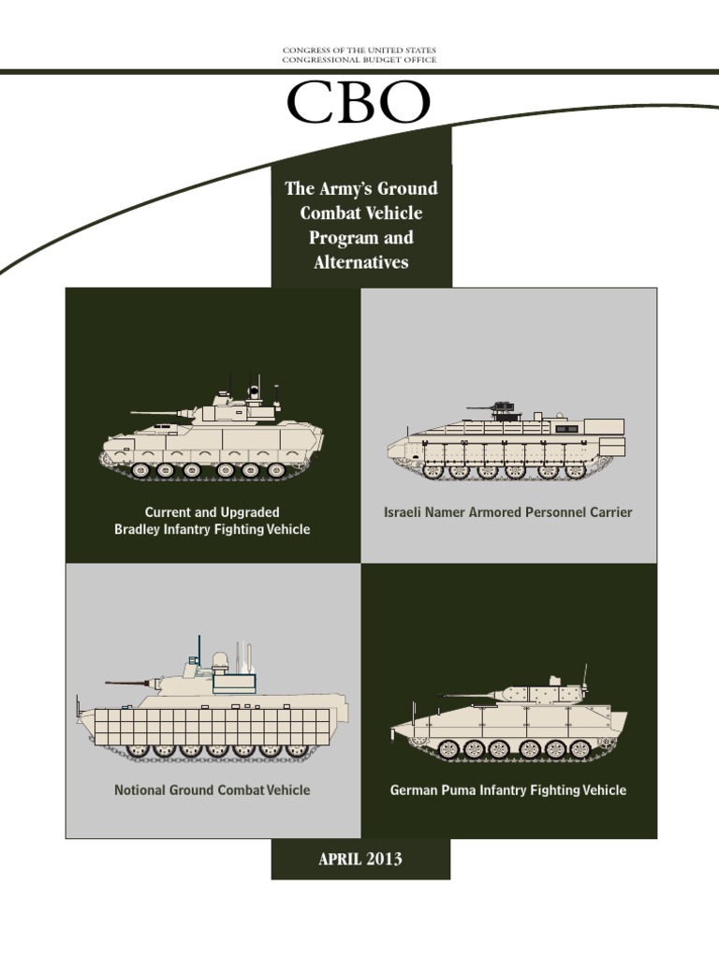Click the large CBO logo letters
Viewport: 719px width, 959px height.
[359, 103]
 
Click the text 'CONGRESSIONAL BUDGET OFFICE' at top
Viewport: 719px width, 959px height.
[359, 59]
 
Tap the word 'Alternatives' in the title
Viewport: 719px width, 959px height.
[361, 262]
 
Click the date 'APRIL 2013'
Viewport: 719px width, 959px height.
[360, 859]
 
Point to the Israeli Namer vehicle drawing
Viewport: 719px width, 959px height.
[506, 446]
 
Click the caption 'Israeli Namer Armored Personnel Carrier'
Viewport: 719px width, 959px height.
[508, 512]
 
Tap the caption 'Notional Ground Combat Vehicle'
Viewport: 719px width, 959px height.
[212, 789]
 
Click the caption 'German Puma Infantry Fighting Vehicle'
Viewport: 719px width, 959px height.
[508, 789]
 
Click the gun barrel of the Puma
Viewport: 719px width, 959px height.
[468, 695]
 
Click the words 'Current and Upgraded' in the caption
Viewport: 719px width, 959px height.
[212, 512]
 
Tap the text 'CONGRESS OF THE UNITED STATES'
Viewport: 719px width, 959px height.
[359, 49]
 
